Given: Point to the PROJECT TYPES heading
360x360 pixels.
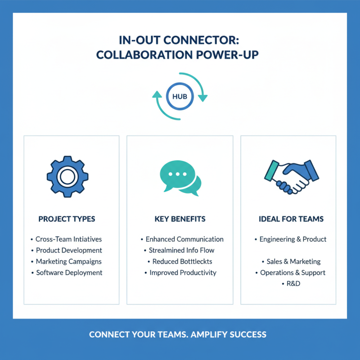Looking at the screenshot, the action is (67, 219).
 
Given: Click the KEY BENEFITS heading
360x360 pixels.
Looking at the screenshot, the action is (180, 219).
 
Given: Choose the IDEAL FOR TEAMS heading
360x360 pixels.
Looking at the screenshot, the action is (291, 219).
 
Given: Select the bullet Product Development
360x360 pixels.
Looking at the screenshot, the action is (69, 250).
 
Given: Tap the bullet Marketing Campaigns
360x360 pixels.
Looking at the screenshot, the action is (69, 261).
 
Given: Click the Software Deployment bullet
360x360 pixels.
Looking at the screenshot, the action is (69, 272).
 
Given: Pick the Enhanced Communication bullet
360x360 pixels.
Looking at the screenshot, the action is (184, 239).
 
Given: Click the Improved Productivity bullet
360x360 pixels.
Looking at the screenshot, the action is (183, 272).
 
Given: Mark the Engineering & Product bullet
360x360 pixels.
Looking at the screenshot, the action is (293, 239).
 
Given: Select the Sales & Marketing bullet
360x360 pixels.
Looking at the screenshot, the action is (292, 261).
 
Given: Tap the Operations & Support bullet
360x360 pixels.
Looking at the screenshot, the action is (292, 272).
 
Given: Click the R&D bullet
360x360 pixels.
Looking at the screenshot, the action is (292, 283).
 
